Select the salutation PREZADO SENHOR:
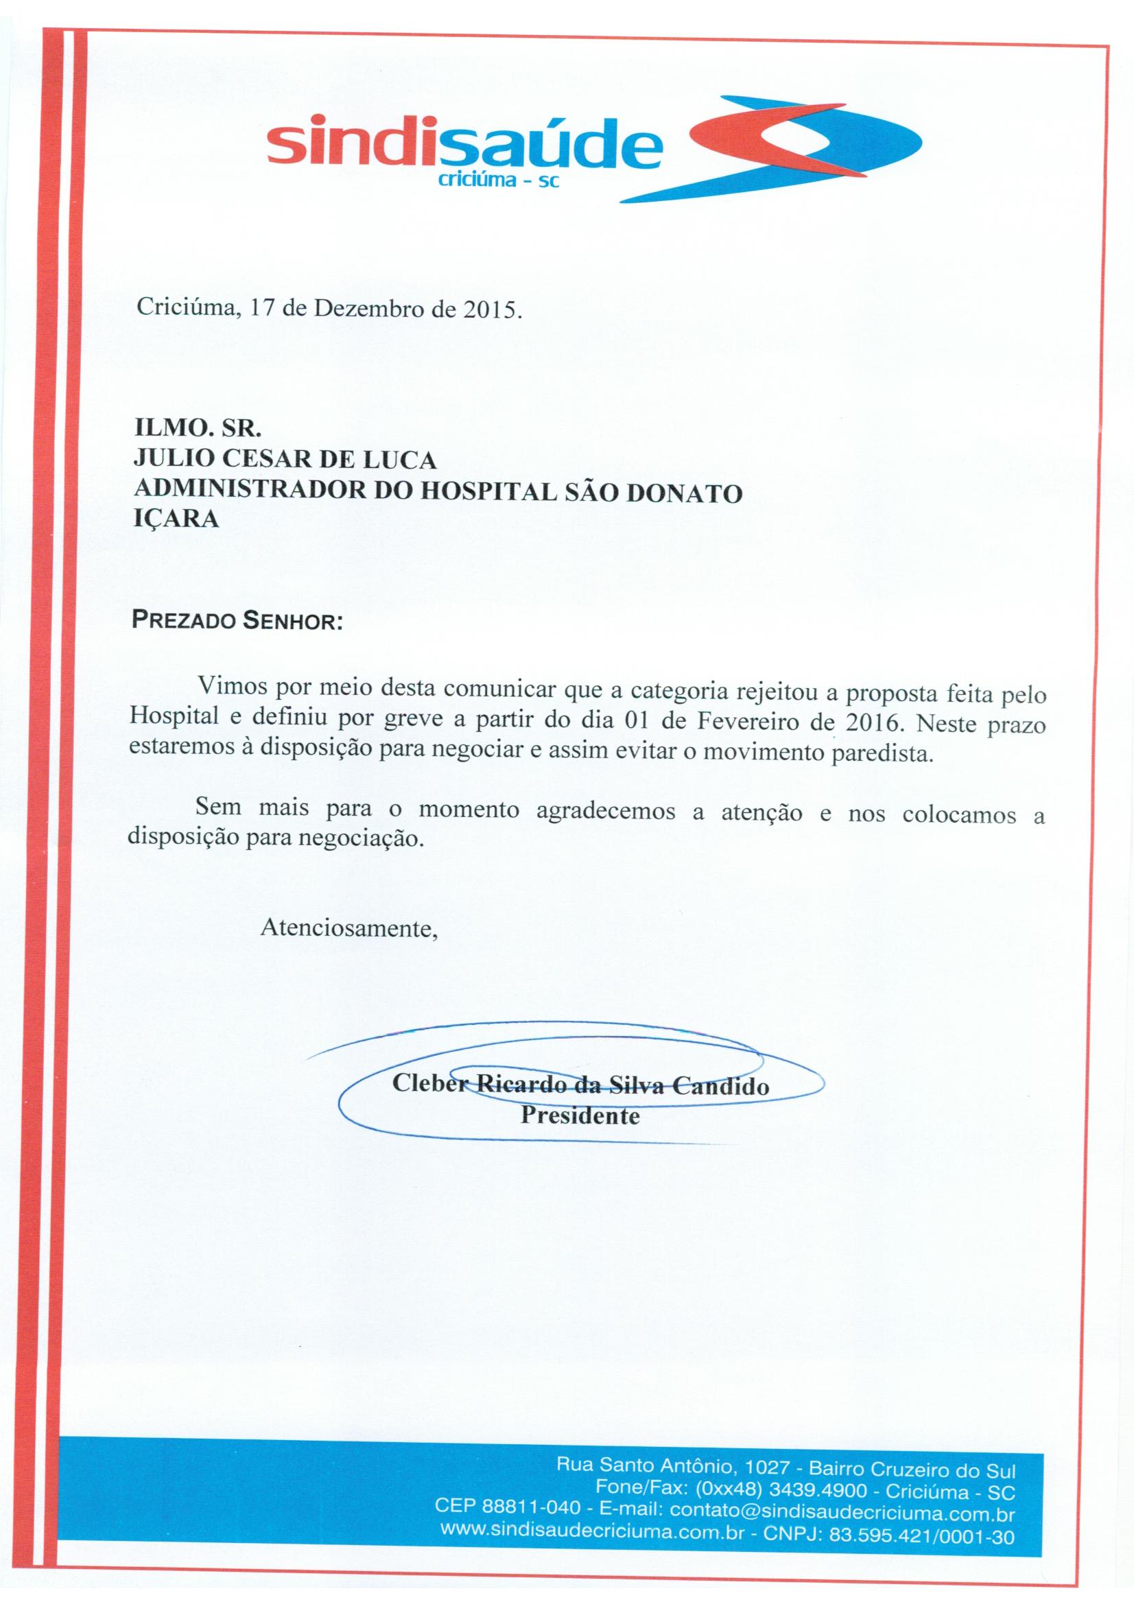(237, 622)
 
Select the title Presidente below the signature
(580, 1116)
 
